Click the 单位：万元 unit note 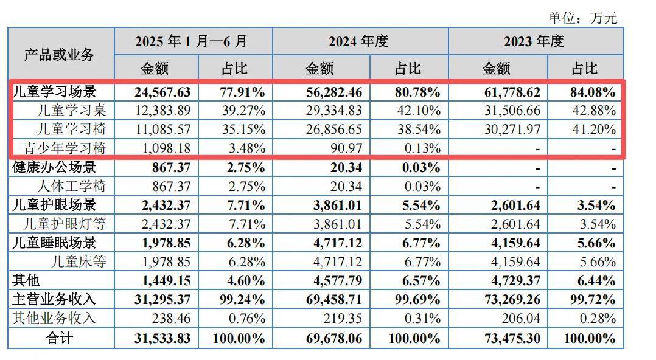582,18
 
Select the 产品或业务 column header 60,54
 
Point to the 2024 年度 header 358,41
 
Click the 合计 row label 60,337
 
